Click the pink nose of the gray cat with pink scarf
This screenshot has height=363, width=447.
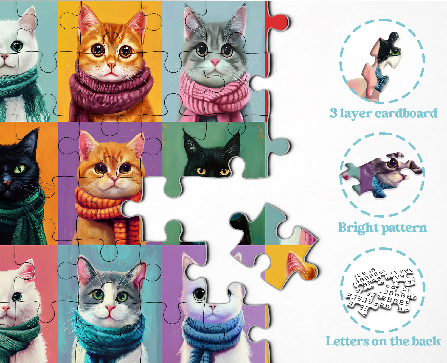[x=215, y=62]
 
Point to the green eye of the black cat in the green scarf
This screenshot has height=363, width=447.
[x=20, y=169]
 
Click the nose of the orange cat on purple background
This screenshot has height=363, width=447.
[x=114, y=180]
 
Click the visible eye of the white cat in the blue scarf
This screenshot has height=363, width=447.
[x=199, y=294]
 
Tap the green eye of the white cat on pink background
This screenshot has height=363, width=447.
[x=17, y=296]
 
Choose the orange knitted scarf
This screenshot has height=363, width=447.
[x=107, y=205]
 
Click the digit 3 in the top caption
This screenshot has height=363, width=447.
[x=333, y=113]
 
